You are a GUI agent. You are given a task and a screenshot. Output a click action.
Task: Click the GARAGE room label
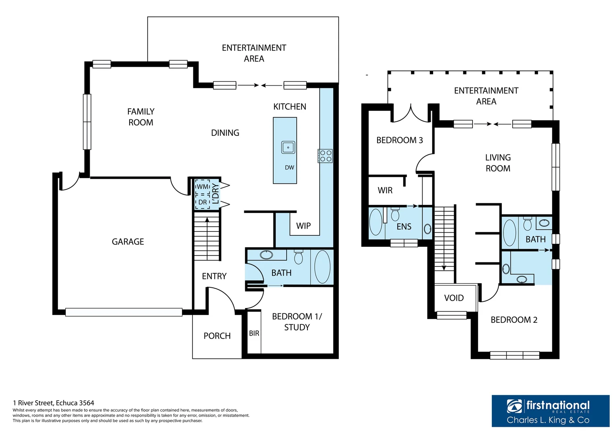(x=128, y=242)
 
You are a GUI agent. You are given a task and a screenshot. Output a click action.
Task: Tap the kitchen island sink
(x=288, y=147)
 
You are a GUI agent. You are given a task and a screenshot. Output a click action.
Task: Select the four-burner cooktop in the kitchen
(x=325, y=156)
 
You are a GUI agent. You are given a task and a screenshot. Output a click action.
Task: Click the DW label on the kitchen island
(x=289, y=168)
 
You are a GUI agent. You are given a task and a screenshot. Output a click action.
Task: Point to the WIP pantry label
(x=303, y=226)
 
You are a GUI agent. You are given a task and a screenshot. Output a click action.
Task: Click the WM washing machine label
(x=202, y=187)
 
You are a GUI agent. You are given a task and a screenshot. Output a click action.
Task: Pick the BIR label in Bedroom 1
(x=254, y=333)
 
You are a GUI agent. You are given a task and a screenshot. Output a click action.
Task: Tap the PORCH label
(x=217, y=336)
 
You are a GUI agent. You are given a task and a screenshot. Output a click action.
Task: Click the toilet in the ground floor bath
(x=298, y=257)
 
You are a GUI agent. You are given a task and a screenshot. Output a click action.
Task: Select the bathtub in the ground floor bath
(x=322, y=267)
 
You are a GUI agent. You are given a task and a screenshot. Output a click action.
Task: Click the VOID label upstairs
(x=454, y=298)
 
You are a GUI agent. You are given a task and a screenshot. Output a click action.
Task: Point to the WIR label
(x=385, y=190)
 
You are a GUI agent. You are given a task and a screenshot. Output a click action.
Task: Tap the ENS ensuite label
(x=404, y=227)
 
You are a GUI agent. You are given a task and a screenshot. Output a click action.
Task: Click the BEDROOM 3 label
(x=399, y=140)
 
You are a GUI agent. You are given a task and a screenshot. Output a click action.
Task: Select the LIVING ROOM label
(x=497, y=163)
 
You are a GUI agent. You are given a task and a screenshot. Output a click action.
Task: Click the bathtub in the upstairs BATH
(x=510, y=233)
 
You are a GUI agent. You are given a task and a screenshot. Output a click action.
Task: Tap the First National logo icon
(x=514, y=406)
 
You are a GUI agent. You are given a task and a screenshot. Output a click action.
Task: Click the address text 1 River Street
(x=54, y=403)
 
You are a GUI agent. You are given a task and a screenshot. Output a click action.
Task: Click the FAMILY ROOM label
(x=141, y=117)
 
